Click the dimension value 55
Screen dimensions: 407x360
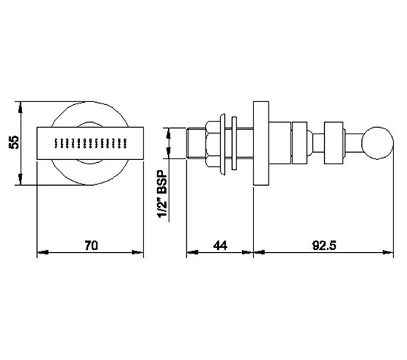[x=14, y=142]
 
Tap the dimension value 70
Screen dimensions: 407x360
[x=91, y=245]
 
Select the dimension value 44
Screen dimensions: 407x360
[x=220, y=245]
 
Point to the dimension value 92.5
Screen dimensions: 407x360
[x=324, y=245]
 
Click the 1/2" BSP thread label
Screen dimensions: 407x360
[x=163, y=194]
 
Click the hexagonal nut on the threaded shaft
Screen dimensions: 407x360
[x=213, y=143]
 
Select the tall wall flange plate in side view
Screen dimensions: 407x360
[x=261, y=143]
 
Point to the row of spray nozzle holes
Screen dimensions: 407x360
[x=91, y=143]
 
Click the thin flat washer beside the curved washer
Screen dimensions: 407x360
[x=234, y=143]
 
